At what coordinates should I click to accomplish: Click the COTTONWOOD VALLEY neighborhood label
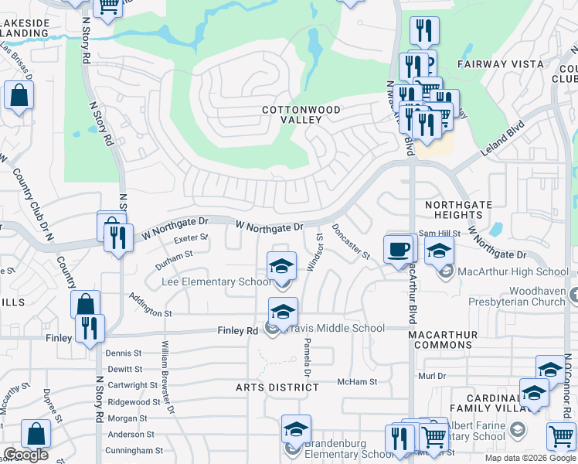pyautogui.click(x=301, y=115)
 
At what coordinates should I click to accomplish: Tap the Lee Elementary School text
pyautogui.click(x=216, y=281)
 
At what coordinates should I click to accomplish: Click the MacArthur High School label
pyautogui.click(x=514, y=271)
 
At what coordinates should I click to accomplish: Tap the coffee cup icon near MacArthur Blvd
pyautogui.click(x=399, y=250)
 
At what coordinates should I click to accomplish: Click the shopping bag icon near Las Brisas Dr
pyautogui.click(x=19, y=97)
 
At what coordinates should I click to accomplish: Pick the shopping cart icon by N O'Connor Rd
pyautogui.click(x=561, y=435)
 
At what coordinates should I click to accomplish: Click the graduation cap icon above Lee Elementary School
pyautogui.click(x=282, y=266)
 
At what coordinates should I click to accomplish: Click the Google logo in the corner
pyautogui.click(x=25, y=455)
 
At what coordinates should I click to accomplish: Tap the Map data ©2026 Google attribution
pyautogui.click(x=529, y=458)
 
